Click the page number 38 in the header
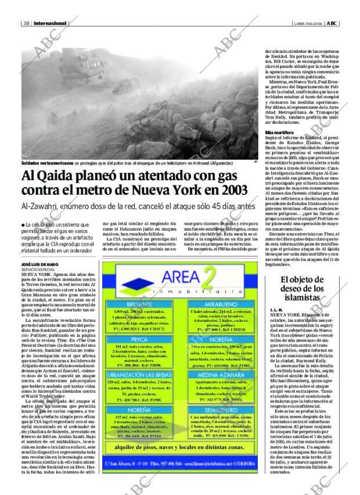point(27,23)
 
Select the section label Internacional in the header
point(50,23)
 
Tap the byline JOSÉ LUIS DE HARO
point(42,265)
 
